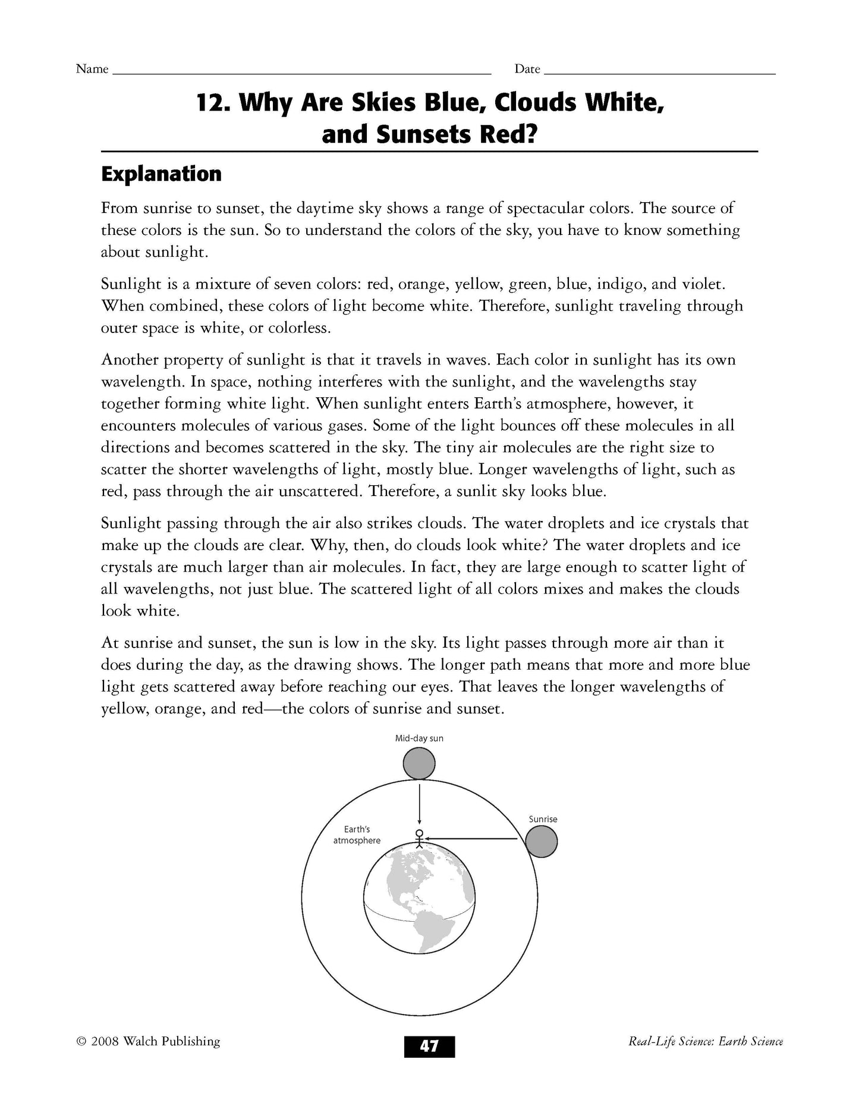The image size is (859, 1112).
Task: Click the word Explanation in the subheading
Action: (x=161, y=174)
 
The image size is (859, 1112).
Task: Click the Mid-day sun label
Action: (x=419, y=739)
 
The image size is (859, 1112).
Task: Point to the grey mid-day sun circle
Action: (x=419, y=764)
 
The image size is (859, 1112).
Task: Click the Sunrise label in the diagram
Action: (x=543, y=819)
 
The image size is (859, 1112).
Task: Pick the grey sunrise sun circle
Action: (x=542, y=842)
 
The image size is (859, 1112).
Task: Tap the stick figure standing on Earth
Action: (x=420, y=838)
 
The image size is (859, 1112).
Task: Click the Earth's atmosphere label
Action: (x=357, y=835)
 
